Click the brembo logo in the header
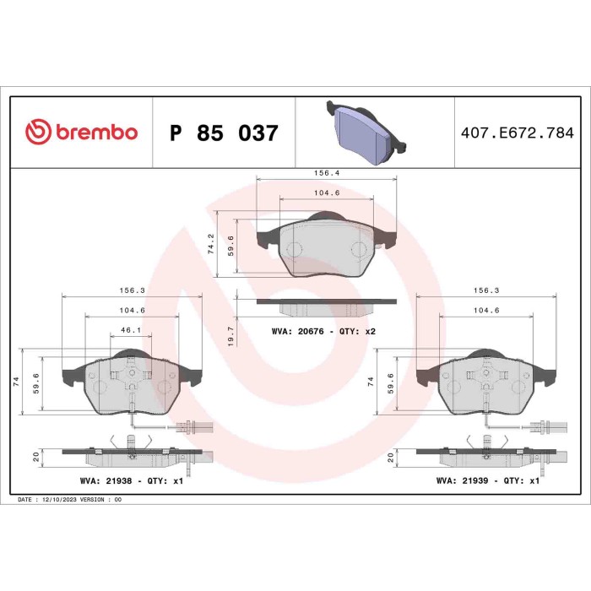pyautogui.click(x=81, y=133)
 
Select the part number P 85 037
pyautogui.click(x=224, y=133)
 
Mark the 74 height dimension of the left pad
pyautogui.click(x=16, y=382)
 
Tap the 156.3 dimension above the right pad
pyautogui.click(x=486, y=290)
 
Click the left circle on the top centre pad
pyautogui.click(x=294, y=250)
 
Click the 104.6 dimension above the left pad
pyautogui.click(x=131, y=311)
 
